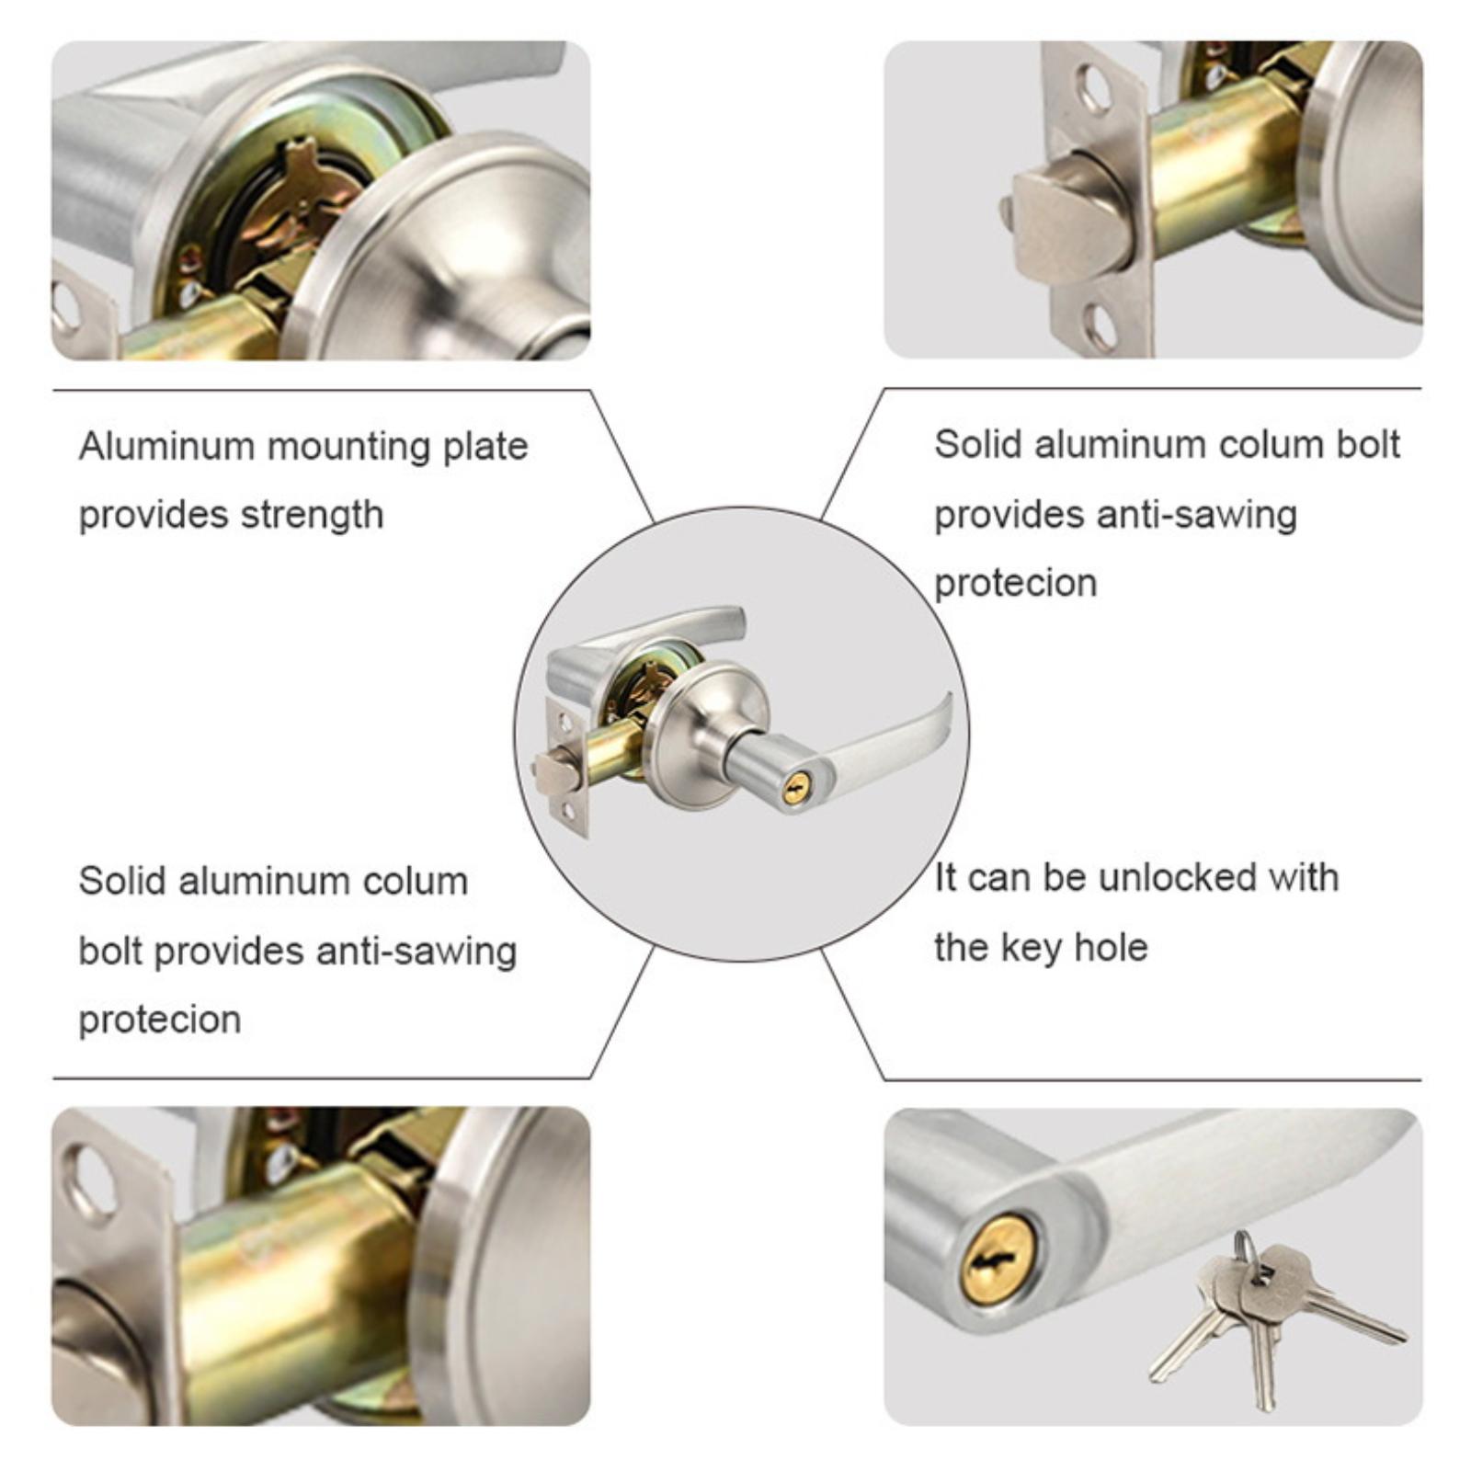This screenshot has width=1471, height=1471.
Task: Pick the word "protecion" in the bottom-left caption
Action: click(160, 1020)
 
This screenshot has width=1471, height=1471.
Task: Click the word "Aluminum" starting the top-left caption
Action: click(166, 446)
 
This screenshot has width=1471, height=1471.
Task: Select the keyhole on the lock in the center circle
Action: click(796, 789)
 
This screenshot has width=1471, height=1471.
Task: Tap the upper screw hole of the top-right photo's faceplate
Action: click(1096, 89)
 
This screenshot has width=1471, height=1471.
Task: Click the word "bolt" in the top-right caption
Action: click(1365, 445)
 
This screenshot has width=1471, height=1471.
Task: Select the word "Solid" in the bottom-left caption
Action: click(123, 882)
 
